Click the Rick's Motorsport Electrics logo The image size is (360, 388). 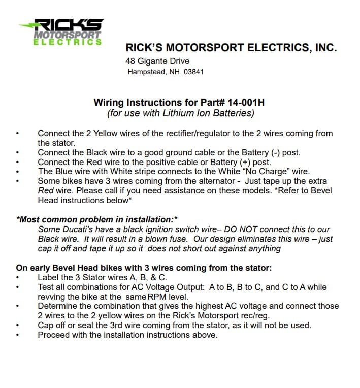[60, 31]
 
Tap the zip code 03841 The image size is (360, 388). [194, 72]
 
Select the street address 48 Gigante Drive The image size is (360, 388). [157, 61]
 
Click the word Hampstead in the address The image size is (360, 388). [146, 72]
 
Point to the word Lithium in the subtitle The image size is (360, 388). [169, 113]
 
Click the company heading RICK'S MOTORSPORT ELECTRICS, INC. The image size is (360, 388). [231, 48]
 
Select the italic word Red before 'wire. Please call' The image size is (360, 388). [46, 191]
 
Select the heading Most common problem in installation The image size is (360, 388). [97, 220]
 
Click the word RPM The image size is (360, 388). [156, 297]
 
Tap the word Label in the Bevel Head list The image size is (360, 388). [49, 277]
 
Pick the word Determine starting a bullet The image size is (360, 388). [58, 306]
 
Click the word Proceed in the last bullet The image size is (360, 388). [54, 335]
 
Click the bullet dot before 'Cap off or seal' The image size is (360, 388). [19, 326]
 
